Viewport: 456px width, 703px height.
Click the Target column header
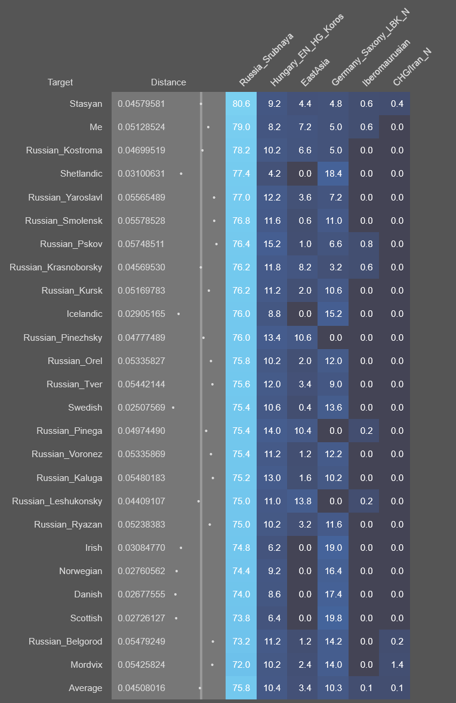pos(60,82)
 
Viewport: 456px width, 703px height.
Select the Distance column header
pos(168,82)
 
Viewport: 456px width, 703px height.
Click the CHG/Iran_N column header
pos(412,67)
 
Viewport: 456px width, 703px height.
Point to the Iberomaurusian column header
pos(385,63)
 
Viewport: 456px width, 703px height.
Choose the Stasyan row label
pos(86,104)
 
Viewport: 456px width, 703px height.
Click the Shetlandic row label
pos(81,174)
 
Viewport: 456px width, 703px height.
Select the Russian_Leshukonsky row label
pos(57,501)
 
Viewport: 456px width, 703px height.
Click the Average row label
pos(85,688)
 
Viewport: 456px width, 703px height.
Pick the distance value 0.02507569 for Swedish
pos(141,408)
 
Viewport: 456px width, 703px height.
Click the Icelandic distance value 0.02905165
pos(141,314)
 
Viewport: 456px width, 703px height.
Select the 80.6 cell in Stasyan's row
pos(241,104)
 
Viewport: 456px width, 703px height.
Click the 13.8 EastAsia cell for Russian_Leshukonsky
pos(304,501)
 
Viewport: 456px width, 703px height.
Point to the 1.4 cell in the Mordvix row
pos(397,665)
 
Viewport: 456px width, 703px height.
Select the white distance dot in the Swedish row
pos(173,408)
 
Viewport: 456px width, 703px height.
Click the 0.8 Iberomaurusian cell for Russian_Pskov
pos(366,244)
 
